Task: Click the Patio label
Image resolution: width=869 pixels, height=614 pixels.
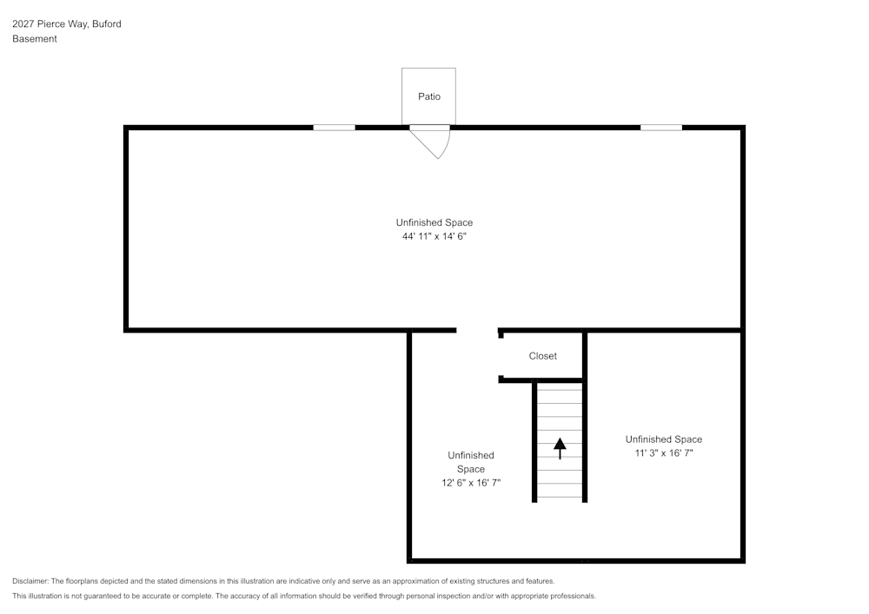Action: tap(429, 96)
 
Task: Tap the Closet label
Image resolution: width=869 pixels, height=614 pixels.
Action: tap(543, 356)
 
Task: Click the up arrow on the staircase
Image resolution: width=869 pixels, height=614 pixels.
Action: tap(560, 447)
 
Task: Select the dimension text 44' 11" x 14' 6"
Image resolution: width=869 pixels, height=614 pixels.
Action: tap(434, 236)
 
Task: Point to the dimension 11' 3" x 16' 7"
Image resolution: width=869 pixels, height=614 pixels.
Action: tap(664, 452)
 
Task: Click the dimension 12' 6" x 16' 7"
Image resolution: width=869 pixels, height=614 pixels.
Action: tap(471, 483)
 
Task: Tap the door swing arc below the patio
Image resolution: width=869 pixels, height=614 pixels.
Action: tap(439, 145)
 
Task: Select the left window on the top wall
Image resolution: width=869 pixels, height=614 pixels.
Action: tap(334, 128)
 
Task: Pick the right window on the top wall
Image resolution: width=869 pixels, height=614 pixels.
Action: tap(661, 128)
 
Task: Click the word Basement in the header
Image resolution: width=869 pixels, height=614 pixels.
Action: tap(35, 39)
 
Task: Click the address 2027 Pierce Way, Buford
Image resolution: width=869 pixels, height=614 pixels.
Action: tap(67, 24)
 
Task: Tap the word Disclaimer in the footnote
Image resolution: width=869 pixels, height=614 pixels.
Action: tap(30, 581)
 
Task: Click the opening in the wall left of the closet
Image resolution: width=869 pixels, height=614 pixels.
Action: tap(477, 330)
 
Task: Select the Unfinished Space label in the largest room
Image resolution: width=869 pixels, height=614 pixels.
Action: tap(434, 222)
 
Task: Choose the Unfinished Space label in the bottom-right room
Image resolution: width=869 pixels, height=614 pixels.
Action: tap(664, 439)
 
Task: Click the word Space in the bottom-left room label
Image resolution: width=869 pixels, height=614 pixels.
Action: tap(471, 469)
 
